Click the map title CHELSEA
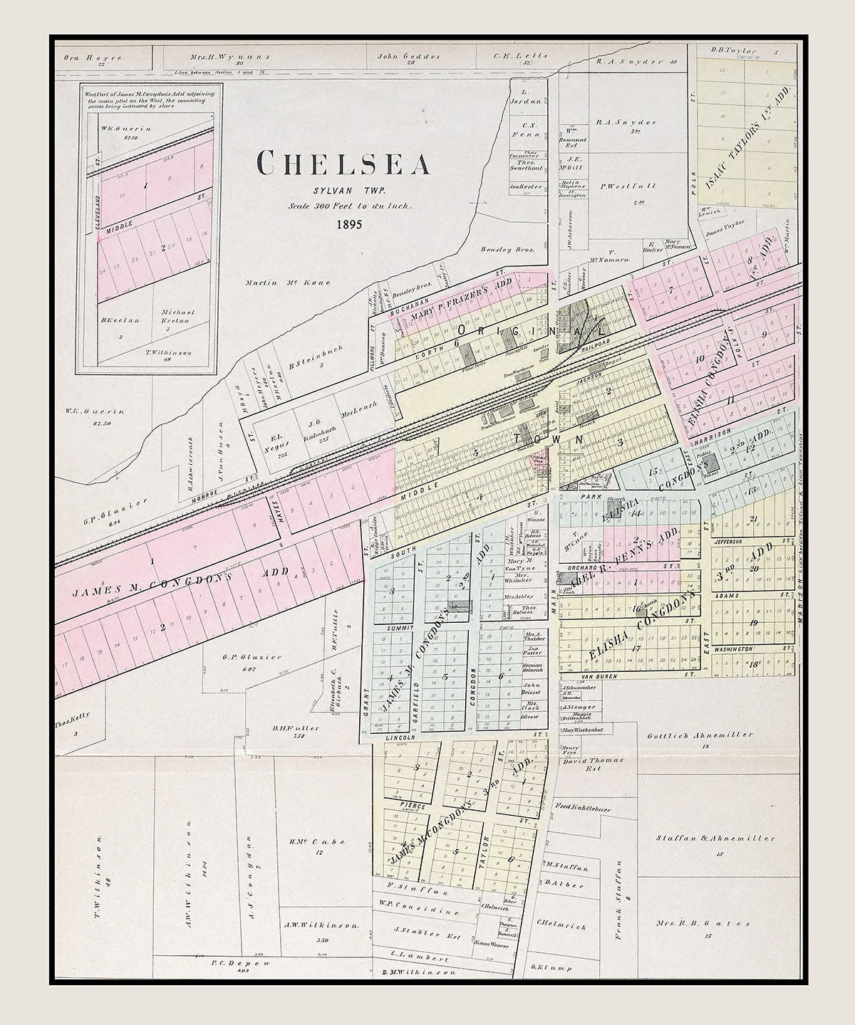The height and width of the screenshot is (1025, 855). tap(343, 164)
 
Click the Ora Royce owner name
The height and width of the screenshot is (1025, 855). tap(93, 58)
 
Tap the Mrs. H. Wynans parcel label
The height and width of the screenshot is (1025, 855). tap(220, 57)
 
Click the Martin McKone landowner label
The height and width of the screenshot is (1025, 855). tap(288, 283)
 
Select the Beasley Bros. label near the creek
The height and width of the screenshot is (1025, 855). tap(497, 250)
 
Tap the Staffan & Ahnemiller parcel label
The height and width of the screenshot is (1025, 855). tap(715, 839)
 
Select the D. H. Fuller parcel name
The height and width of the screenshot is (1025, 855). tap(288, 728)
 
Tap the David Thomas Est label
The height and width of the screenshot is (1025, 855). tap(593, 761)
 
